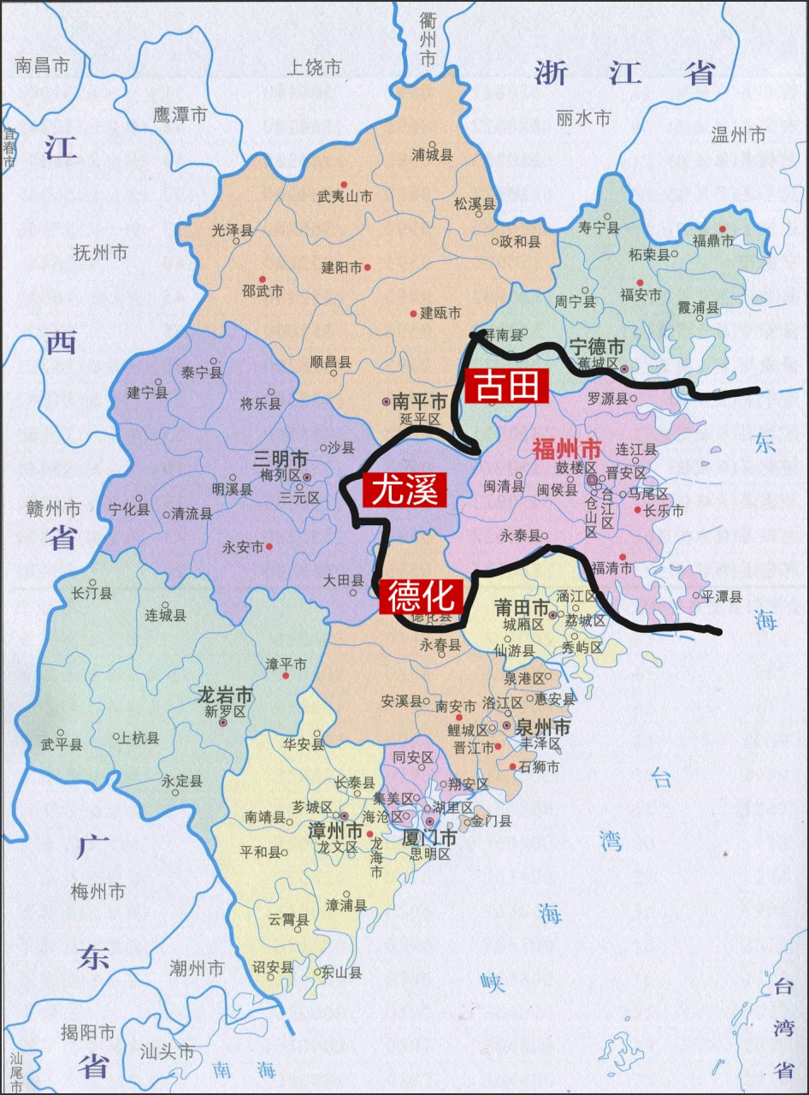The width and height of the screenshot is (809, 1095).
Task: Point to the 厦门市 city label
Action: pos(429,838)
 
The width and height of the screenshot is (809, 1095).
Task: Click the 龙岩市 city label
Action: pos(225,694)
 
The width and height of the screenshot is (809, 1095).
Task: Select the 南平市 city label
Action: pos(420,401)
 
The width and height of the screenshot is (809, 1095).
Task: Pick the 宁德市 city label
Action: pos(597,346)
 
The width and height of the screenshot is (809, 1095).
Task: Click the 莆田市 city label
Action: pos(523,607)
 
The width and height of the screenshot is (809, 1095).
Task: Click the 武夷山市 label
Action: pos(345,197)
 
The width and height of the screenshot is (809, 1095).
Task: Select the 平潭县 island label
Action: pos(722,596)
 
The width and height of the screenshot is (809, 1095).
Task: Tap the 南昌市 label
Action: pos(42,65)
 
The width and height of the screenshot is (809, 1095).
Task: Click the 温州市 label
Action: pos(738,134)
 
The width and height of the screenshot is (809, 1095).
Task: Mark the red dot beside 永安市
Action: pos(269,547)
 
